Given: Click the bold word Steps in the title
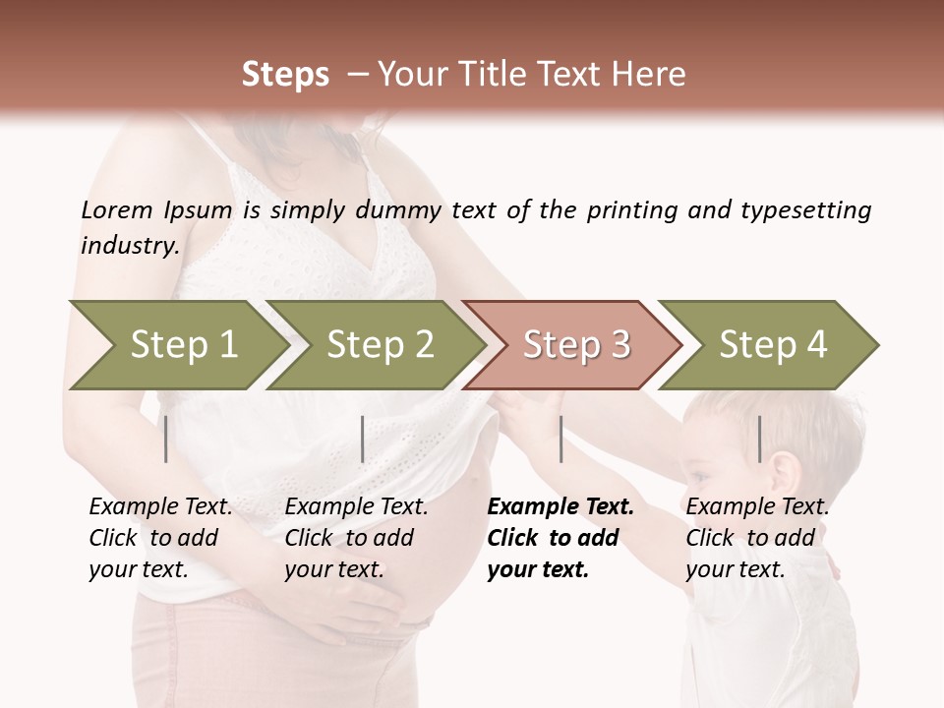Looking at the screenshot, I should pos(285,74).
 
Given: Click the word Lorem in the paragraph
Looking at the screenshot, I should pos(116,209).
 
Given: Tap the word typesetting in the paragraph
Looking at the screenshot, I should pos(805,210).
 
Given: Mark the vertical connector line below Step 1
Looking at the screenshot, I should pos(166,439).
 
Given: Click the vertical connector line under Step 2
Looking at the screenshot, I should pos(363,439).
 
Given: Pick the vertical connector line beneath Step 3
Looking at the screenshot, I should pos(560,439).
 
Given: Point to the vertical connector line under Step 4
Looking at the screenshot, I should pos(759,439).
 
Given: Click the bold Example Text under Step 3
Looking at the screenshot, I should pos(560,506).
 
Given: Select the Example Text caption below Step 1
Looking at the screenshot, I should pos(160,506).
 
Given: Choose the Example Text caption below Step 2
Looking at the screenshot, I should pos(356,506).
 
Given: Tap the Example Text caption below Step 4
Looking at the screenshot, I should pos(757,506).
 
